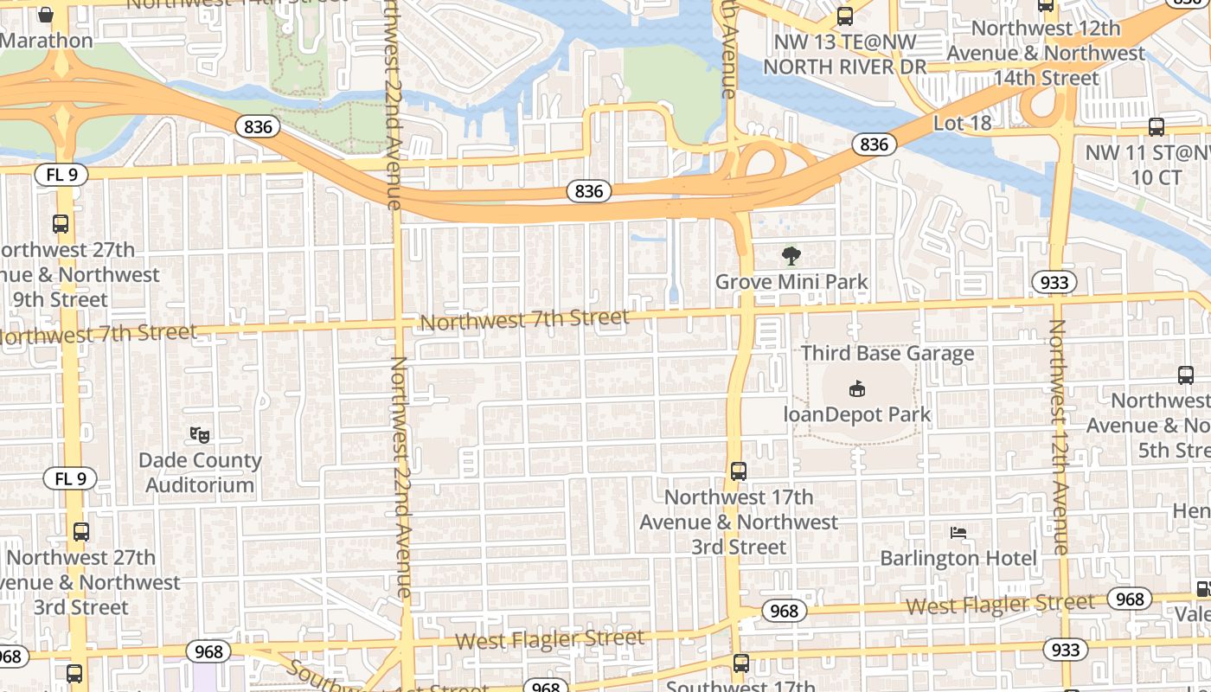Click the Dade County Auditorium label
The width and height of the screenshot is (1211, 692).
tap(200, 472)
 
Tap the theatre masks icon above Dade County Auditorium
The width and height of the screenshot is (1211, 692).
tap(200, 434)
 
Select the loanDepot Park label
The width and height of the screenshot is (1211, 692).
tap(856, 414)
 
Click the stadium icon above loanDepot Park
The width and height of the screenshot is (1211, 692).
tap(856, 388)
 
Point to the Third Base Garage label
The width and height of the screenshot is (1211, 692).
tap(887, 354)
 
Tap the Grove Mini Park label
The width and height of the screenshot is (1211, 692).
tap(791, 282)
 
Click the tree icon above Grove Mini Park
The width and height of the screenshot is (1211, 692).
tap(791, 256)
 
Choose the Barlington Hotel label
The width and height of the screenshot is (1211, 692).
tap(958, 558)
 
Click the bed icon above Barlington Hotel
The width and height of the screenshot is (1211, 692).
tap(958, 532)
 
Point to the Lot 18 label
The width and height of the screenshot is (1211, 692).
tap(962, 124)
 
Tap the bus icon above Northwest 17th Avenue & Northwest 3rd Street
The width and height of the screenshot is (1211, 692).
tap(739, 471)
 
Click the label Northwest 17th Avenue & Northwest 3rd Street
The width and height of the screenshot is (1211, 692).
tap(739, 522)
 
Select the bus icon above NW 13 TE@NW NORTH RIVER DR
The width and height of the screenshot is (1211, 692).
tap(845, 16)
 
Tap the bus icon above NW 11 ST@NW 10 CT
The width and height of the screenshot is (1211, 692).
tap(1157, 127)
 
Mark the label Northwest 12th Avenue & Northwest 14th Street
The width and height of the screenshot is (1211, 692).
tap(1046, 53)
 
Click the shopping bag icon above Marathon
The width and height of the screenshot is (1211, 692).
tap(47, 15)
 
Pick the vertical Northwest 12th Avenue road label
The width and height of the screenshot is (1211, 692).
tap(1059, 437)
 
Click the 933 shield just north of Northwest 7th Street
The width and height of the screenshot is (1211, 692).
tap(1054, 282)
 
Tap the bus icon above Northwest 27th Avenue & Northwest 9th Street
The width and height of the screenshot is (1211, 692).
tap(61, 224)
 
